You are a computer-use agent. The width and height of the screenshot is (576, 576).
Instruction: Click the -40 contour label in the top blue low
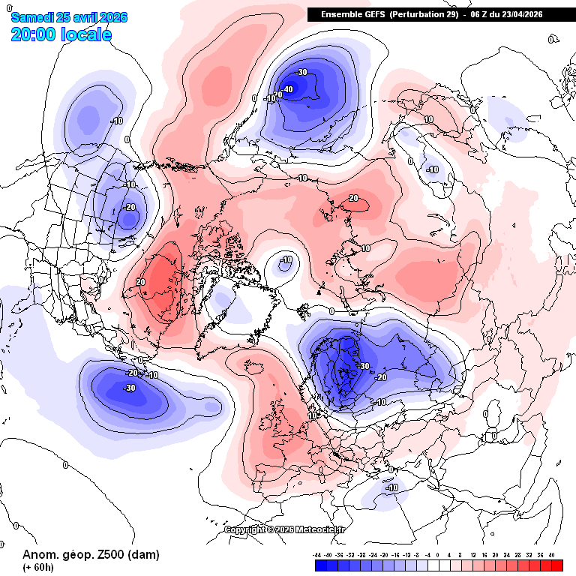[288, 88]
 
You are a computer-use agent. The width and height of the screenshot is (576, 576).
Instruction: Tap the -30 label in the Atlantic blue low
[129, 388]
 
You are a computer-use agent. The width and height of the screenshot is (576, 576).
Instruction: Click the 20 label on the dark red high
[140, 282]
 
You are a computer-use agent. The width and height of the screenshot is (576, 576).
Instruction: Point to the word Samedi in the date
[32, 17]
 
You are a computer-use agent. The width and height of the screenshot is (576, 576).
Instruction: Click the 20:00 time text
[34, 34]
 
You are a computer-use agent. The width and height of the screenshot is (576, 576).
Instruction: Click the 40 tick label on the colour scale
[551, 554]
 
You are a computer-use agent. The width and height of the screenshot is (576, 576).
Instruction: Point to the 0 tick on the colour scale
[438, 554]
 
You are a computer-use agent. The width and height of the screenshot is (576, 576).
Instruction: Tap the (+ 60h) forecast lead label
[38, 567]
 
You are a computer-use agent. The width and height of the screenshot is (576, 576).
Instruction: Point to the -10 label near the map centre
[286, 260]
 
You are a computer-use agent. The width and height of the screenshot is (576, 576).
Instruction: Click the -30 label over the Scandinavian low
[364, 366]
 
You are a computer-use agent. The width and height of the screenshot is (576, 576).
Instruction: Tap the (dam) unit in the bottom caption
[142, 555]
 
